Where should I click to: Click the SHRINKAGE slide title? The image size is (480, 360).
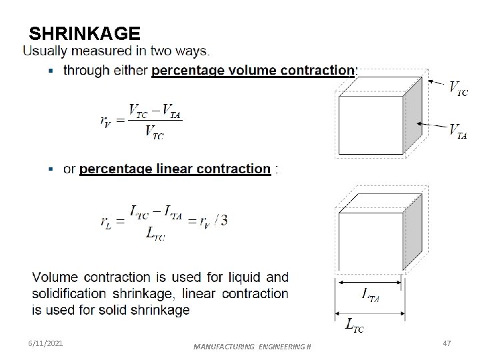(x=85, y=33)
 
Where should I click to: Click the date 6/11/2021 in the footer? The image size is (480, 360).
(x=46, y=343)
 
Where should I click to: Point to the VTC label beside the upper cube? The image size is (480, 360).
(x=458, y=88)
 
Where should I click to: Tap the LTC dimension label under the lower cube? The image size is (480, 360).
(x=354, y=325)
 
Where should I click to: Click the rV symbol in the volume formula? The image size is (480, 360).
(x=107, y=121)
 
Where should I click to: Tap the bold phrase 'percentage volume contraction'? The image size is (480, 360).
(x=254, y=70)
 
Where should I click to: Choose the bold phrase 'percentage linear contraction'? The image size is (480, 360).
(x=175, y=169)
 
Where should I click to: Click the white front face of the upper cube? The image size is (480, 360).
(x=371, y=126)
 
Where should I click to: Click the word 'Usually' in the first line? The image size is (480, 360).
(x=46, y=51)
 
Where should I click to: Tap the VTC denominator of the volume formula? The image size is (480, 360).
(x=154, y=133)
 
